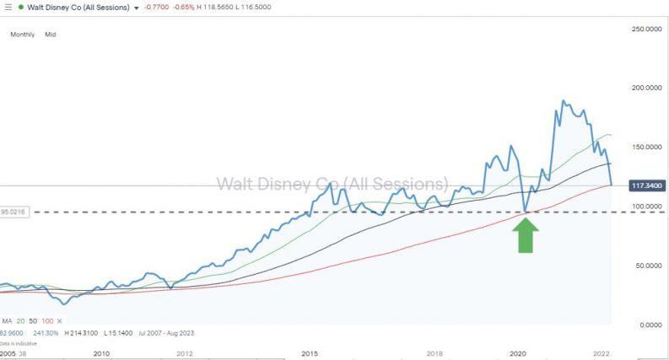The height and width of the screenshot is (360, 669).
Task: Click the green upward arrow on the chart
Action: pos(526,235)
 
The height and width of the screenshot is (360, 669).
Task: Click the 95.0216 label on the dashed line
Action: pos(14,212)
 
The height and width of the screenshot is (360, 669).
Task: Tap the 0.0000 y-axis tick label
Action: pos(645,325)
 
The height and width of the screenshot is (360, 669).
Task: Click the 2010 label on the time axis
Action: pos(101,354)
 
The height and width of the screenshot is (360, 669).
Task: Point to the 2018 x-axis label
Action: pos(435,354)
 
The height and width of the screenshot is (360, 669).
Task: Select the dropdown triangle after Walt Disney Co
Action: pos(137,8)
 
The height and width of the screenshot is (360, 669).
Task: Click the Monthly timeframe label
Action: pos(23,35)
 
